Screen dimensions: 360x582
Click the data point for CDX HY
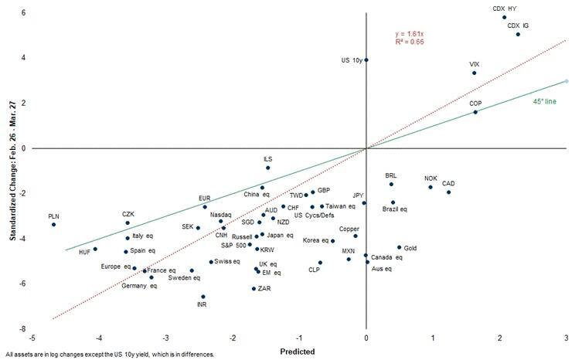[x=504, y=17]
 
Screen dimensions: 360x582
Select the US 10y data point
[x=366, y=59]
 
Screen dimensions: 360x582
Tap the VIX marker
[x=474, y=73]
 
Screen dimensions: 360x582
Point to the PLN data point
[x=53, y=224]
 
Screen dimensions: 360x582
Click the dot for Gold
[x=399, y=247]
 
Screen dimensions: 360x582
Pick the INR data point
[x=203, y=296]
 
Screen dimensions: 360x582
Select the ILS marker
[x=267, y=168]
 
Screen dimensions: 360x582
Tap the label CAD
[x=448, y=184]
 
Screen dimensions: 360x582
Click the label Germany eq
[x=139, y=286]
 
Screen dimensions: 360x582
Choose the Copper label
[x=349, y=229]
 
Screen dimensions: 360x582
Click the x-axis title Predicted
[x=298, y=352]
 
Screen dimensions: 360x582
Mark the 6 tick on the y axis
[x=24, y=13]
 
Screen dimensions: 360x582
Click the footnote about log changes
[x=108, y=355]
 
